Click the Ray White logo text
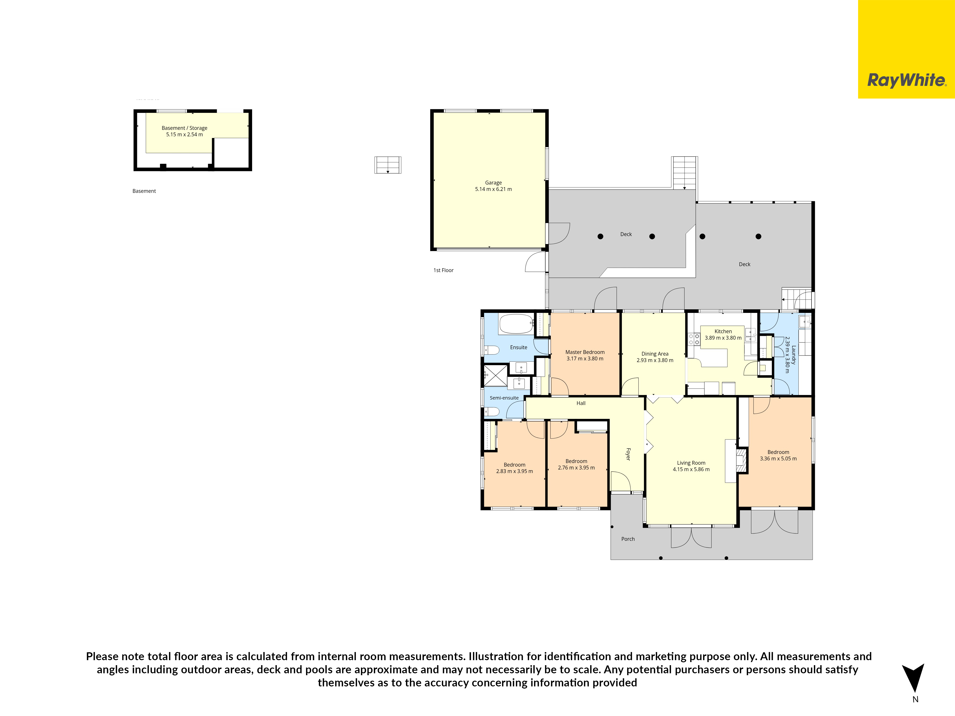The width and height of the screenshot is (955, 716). click(x=907, y=80)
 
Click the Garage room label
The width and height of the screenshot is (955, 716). click(x=493, y=183)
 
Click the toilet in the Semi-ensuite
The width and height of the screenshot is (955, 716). click(x=492, y=411)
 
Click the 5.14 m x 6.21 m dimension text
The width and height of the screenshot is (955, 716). click(x=493, y=189)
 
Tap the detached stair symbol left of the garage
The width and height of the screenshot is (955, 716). click(x=388, y=165)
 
